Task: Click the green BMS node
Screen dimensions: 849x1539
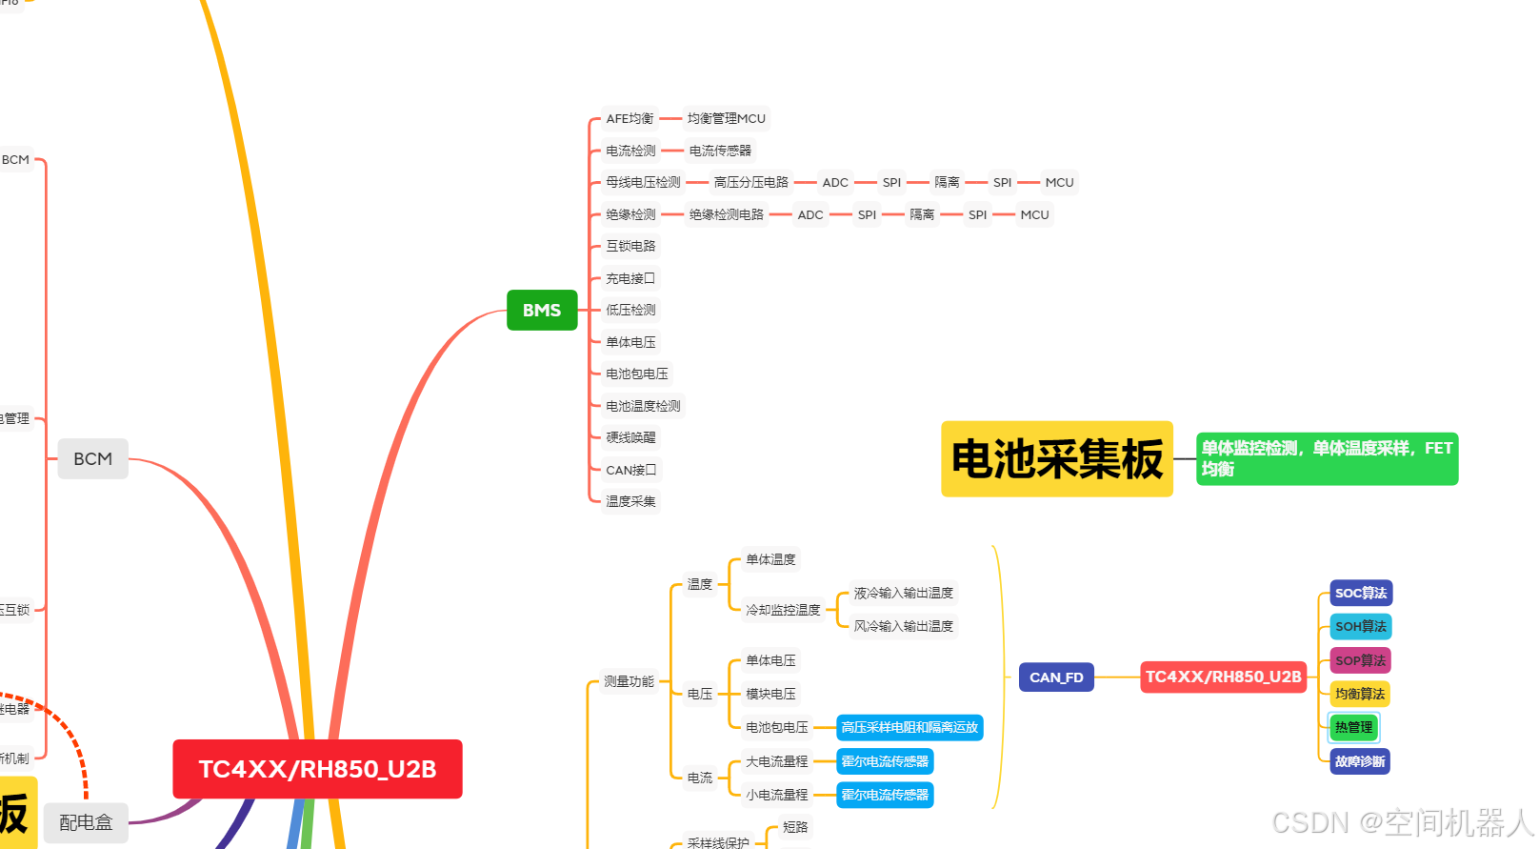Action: point(542,310)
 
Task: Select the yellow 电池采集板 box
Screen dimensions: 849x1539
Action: point(1056,458)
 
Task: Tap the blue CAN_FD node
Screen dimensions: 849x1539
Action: point(1056,677)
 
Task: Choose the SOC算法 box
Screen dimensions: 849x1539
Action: point(1361,593)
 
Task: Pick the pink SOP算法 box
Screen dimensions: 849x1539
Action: point(1361,660)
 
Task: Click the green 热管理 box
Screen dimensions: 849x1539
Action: point(1353,727)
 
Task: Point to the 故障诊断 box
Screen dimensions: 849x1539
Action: point(1360,761)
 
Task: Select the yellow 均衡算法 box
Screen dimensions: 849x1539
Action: point(1360,694)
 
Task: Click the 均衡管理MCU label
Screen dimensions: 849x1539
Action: point(727,118)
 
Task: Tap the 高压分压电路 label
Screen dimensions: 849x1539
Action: point(751,182)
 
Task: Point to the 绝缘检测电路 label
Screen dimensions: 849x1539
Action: point(727,214)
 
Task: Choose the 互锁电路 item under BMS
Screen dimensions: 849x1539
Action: point(630,246)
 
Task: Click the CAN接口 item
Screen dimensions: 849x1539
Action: point(630,470)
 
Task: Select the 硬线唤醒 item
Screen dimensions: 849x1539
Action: point(630,437)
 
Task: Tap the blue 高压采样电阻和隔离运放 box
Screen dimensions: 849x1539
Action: point(909,727)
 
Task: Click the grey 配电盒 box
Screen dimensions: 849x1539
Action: point(86,821)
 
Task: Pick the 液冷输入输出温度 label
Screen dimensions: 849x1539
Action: point(903,593)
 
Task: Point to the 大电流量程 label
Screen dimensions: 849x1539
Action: point(776,761)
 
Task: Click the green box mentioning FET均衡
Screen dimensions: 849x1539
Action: point(1327,458)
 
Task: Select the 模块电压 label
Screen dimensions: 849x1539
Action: point(770,694)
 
